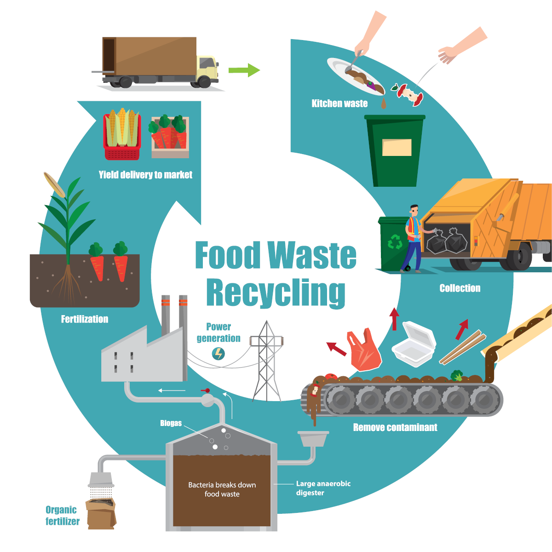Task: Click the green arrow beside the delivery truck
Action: pyautogui.click(x=244, y=70)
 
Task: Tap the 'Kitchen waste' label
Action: pyautogui.click(x=339, y=103)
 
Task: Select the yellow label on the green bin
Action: pyautogui.click(x=397, y=148)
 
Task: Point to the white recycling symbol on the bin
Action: pyautogui.click(x=395, y=241)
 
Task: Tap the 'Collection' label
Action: pyautogui.click(x=460, y=288)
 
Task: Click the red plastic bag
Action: pyautogui.click(x=364, y=350)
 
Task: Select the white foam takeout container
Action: pyautogui.click(x=414, y=344)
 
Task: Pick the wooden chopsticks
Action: pyautogui.click(x=462, y=347)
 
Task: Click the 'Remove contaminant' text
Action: pyautogui.click(x=395, y=427)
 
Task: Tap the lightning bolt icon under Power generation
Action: pyautogui.click(x=218, y=354)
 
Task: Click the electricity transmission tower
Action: pyautogui.click(x=266, y=361)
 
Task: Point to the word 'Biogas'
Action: pyautogui.click(x=171, y=423)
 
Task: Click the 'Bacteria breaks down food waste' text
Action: pyautogui.click(x=222, y=489)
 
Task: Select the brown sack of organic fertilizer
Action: pyautogui.click(x=101, y=513)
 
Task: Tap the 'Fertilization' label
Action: pyautogui.click(x=85, y=319)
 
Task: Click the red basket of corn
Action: pyautogui.click(x=122, y=134)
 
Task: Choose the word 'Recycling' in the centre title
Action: pyautogui.click(x=276, y=293)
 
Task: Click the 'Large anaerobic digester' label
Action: pyautogui.click(x=323, y=488)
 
